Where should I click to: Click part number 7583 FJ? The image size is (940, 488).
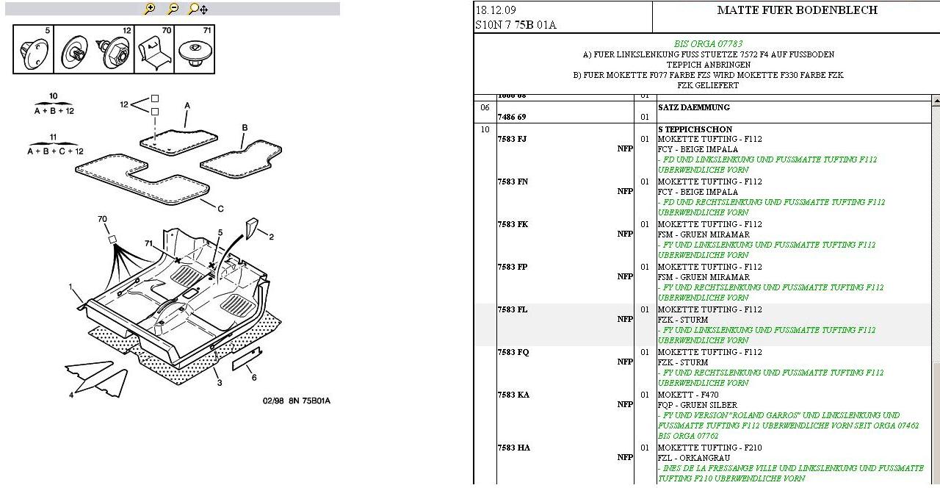coord(512,139)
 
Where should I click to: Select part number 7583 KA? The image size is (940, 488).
coord(513,395)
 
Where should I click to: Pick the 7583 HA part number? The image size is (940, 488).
coord(513,448)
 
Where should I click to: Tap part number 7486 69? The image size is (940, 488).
coord(511,117)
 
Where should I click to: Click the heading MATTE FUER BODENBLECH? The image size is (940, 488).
coord(797,10)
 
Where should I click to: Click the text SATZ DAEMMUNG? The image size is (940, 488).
coord(694,107)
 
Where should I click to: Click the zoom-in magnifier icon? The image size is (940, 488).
coord(149,9)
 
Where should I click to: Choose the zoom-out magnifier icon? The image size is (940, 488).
coord(173,9)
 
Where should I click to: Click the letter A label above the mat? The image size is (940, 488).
coord(187,106)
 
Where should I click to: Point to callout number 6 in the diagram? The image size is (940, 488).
coord(254,378)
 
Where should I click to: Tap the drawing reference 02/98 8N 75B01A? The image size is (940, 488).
coord(296,401)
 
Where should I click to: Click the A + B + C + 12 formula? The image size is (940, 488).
coord(55,151)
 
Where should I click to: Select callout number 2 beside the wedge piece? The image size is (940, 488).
coord(271,237)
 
